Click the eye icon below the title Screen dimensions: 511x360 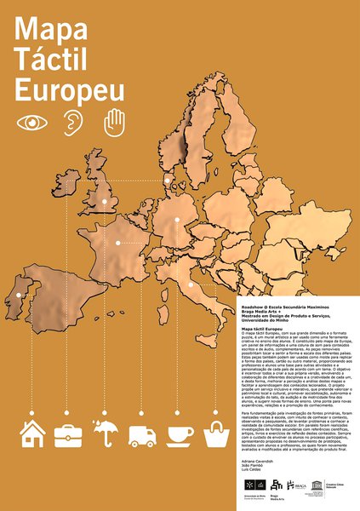pos(32,122)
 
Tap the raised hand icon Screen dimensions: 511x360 pos(113,121)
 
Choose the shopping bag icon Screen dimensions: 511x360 pos(216,435)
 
